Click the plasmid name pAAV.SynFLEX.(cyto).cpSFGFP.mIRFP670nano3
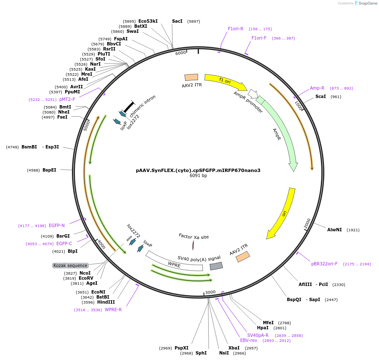(x=198, y=170)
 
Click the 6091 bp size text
(x=198, y=176)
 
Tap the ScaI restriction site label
(x=321, y=97)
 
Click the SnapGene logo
(x=367, y=3)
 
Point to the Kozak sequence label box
(x=70, y=265)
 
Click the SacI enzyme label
(x=177, y=21)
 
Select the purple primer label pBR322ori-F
(x=324, y=264)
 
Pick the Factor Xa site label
(x=193, y=237)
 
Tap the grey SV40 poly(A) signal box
(x=216, y=266)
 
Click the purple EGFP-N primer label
(x=57, y=225)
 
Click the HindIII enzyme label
(x=106, y=302)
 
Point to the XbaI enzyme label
(x=234, y=348)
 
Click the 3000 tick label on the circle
(x=210, y=292)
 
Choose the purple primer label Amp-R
(x=317, y=88)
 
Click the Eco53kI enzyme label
(x=148, y=21)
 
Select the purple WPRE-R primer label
(x=113, y=310)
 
